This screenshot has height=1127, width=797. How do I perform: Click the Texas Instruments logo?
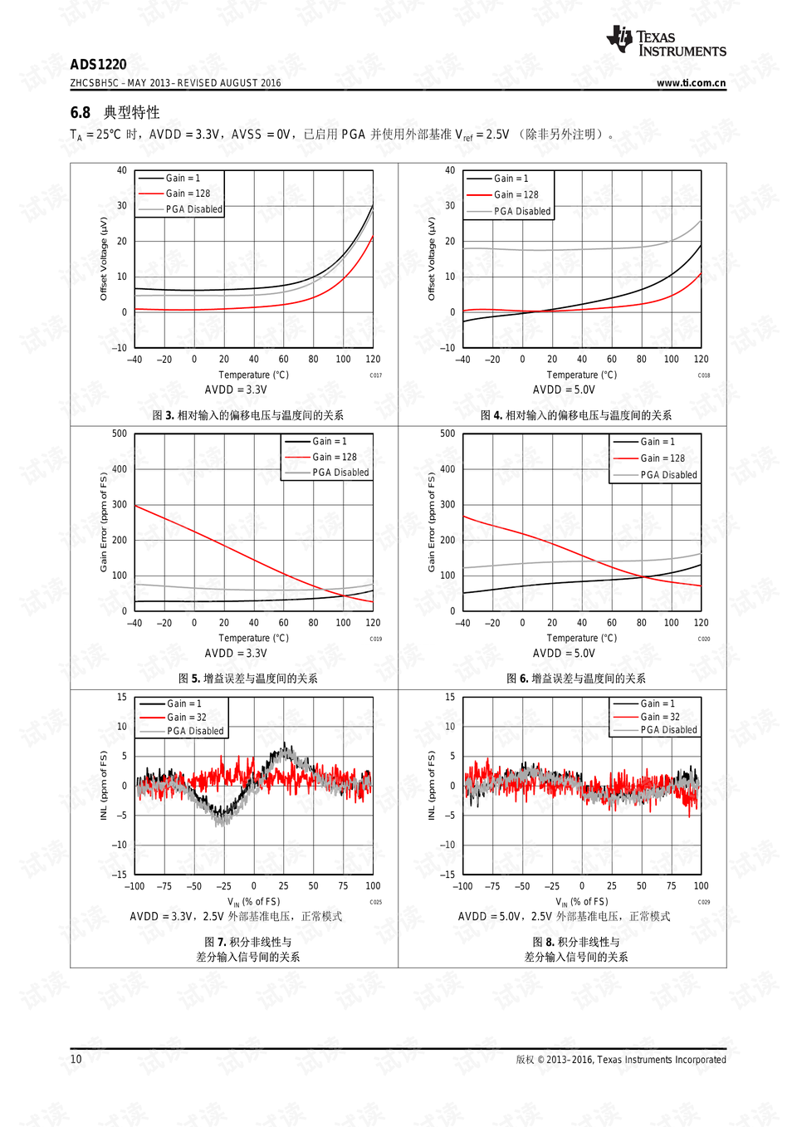click(667, 41)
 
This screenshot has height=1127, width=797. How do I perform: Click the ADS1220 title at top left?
click(98, 65)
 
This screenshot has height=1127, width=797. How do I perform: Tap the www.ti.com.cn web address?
click(691, 83)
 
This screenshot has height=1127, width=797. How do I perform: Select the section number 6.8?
click(80, 112)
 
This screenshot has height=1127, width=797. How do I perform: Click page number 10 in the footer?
click(76, 1059)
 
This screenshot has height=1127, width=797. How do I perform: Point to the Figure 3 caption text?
click(247, 415)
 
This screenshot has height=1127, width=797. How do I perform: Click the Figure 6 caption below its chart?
click(575, 679)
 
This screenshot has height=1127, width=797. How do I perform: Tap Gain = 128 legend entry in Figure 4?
click(516, 194)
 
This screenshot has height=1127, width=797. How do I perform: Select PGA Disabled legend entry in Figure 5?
click(340, 473)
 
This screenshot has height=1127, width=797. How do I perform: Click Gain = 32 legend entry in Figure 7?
click(186, 718)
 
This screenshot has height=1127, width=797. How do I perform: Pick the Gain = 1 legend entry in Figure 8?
click(658, 703)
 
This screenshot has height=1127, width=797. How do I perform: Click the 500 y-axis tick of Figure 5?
click(120, 434)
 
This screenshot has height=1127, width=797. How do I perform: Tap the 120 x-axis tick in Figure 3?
click(373, 360)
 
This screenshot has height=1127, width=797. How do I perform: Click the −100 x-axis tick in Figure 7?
click(134, 886)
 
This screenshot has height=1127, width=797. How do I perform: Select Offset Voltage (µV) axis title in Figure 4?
click(431, 258)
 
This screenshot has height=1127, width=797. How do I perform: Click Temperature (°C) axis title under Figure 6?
click(581, 639)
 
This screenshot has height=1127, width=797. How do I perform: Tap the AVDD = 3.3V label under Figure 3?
click(236, 390)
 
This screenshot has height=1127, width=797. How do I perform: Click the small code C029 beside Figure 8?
click(703, 902)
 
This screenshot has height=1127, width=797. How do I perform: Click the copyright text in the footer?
click(620, 1060)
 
